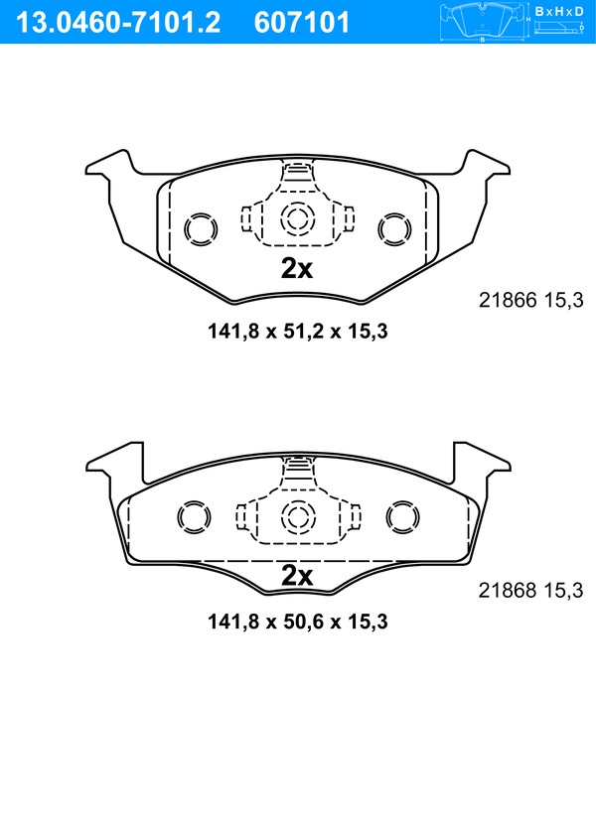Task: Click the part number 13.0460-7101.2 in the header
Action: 118,23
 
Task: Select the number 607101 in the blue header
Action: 301,23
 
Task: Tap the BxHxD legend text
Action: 559,11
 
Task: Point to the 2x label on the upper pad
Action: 297,269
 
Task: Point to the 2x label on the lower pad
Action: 297,575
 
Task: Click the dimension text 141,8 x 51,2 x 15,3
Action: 298,332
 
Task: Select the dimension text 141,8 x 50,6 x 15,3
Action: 298,622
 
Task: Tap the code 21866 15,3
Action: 531,301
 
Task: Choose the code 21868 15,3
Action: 531,591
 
